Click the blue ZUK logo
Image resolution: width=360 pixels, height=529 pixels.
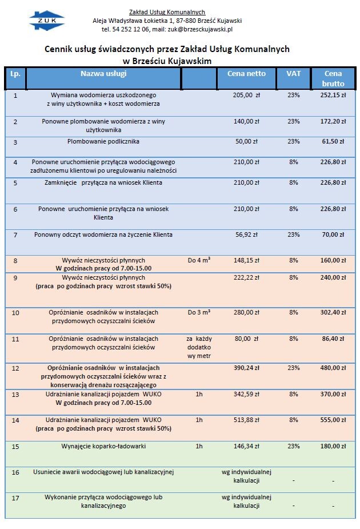tap(47, 21)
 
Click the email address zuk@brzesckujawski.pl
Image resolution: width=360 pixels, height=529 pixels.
tap(200, 29)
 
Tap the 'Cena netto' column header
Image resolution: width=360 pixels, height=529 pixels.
tap(246, 74)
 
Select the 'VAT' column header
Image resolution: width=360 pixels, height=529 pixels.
tap(293, 74)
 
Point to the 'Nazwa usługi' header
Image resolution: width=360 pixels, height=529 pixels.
tap(103, 74)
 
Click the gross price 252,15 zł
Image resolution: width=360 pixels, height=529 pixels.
tap(333, 95)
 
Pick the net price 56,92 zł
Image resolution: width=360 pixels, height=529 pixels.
tap(246, 234)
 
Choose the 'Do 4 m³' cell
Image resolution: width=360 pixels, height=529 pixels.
tap(199, 260)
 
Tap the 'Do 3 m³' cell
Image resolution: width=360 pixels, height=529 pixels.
tap(199, 312)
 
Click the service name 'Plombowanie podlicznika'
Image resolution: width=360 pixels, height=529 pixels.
tap(103, 141)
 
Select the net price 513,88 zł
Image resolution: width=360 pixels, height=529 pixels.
tap(246, 420)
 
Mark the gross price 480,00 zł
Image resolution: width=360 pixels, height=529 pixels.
tap(333, 368)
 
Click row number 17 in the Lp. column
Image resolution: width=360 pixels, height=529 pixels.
tap(15, 498)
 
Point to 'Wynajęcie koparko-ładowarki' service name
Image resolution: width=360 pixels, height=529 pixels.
tap(103, 446)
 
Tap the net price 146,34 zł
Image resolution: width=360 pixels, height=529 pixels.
tap(246, 446)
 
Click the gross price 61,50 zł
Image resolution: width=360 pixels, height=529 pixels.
tap(333, 141)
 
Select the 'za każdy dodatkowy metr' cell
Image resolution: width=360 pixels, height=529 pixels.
tap(199, 347)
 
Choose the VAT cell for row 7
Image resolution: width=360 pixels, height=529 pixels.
tap(293, 234)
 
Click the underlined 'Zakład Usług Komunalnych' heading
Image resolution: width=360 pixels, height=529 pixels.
tap(167, 12)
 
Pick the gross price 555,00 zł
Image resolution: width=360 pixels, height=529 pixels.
tap(333, 420)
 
